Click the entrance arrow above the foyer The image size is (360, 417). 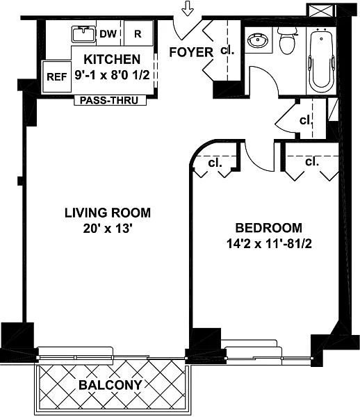188,8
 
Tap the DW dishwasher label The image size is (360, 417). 108,34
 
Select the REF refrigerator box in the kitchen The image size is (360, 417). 57,77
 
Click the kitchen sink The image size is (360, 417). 83,34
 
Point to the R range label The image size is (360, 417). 138,34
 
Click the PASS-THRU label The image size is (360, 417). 109,101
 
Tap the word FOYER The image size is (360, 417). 191,52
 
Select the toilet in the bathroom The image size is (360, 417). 287,40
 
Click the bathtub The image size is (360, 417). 322,61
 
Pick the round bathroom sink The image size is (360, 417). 257,41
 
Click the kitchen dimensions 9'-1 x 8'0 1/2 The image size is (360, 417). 112,76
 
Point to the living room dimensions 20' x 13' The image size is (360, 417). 108,228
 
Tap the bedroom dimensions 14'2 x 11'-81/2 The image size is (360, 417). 269,244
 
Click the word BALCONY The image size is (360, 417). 110,385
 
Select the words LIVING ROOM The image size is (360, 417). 108,213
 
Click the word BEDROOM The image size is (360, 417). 269,228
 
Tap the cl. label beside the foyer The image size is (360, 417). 227,50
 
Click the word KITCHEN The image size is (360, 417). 112,59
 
